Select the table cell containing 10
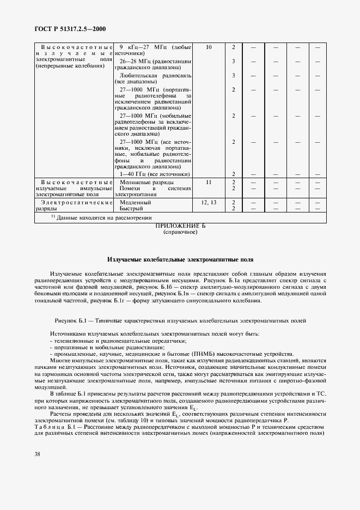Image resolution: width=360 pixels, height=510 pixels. pyautogui.click(x=209, y=47)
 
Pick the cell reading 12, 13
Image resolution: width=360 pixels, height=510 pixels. pyautogui.click(x=209, y=202)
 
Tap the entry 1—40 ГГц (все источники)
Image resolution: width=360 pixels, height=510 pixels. pyautogui.click(x=155, y=174)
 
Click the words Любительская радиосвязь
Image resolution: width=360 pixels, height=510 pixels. pyautogui.click(x=155, y=75)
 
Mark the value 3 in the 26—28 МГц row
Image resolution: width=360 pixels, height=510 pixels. pyautogui.click(x=233, y=61)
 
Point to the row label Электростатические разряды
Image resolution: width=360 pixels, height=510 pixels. pyautogui.click(x=73, y=205)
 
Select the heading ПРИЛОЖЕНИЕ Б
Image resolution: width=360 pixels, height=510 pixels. pyautogui.click(x=180, y=226)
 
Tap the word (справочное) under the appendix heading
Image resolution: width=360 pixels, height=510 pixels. pyautogui.click(x=180, y=232)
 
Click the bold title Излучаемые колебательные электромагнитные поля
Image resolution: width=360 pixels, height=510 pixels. pyautogui.click(x=180, y=260)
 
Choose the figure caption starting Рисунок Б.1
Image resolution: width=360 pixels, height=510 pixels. pyautogui.click(x=180, y=320)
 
